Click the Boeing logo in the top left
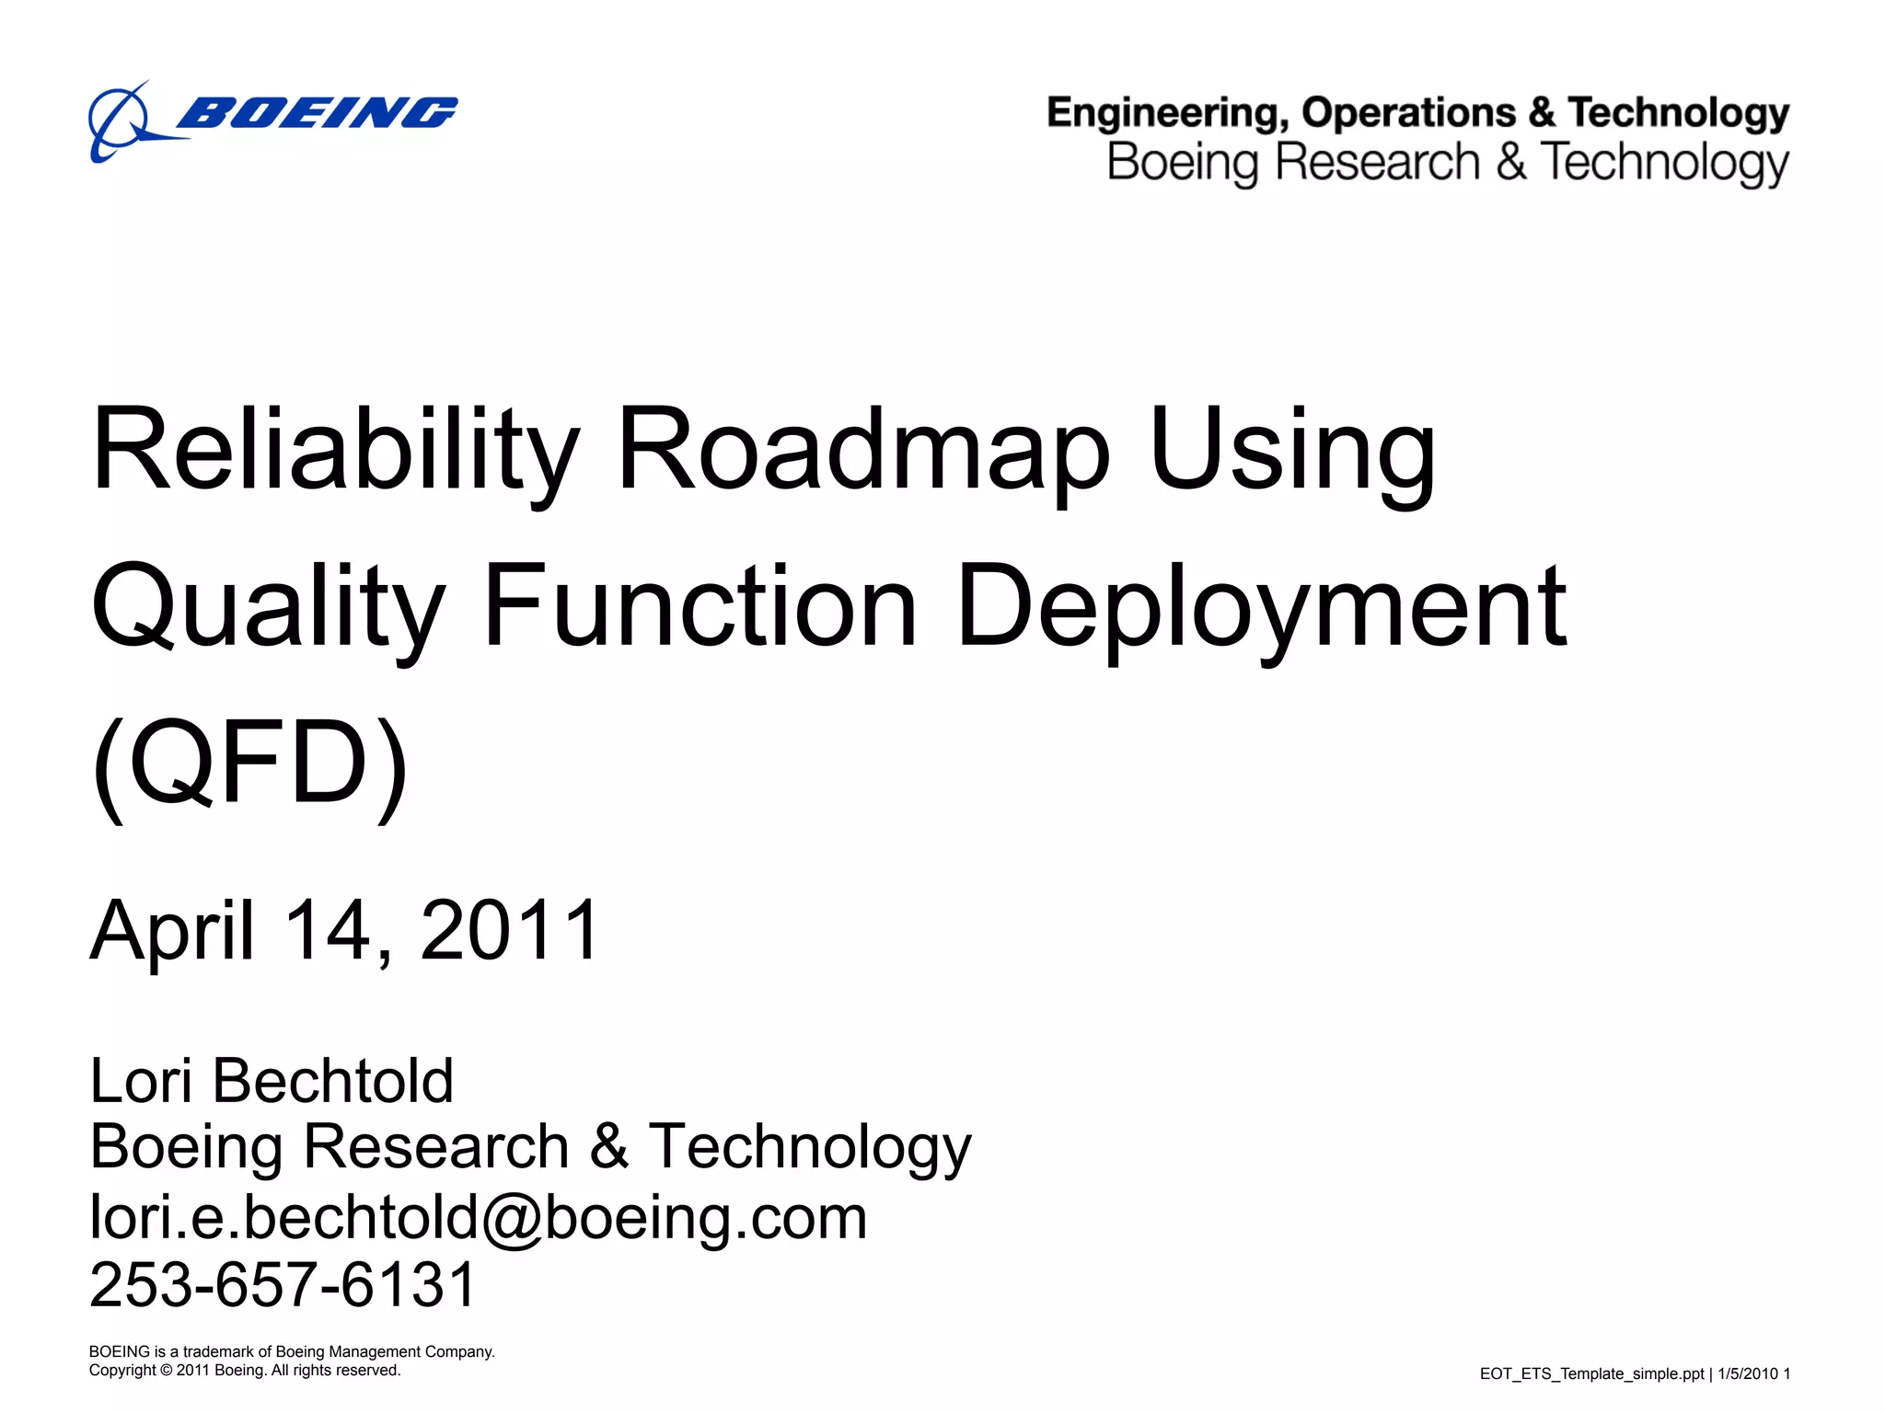click(272, 120)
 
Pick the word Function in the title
click(700, 607)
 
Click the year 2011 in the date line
click(510, 931)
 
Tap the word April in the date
click(172, 931)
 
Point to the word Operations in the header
click(1408, 112)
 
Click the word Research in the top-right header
click(1377, 163)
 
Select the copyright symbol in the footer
click(166, 1371)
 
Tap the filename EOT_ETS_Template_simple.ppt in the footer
click(1591, 1373)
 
